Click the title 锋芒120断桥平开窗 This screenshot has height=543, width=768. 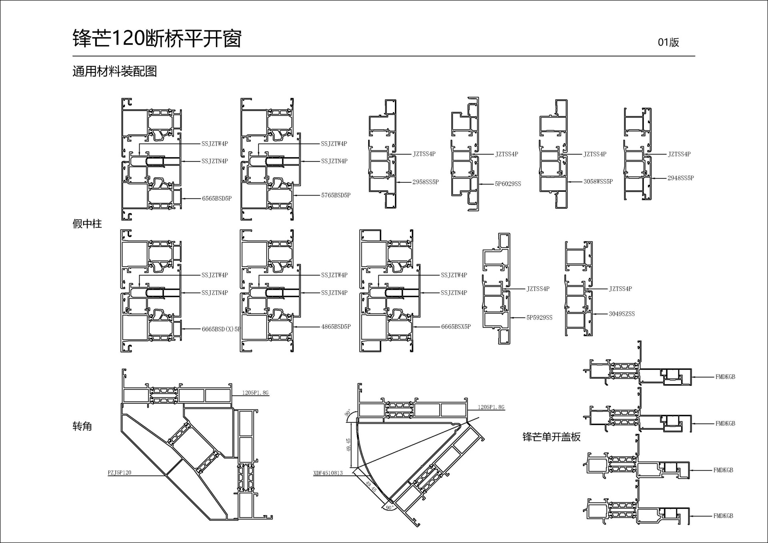click(157, 39)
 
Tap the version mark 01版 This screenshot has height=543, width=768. click(668, 42)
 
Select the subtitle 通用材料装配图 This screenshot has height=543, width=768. click(115, 72)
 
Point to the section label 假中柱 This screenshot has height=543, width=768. click(87, 224)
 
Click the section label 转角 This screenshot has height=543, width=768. click(82, 426)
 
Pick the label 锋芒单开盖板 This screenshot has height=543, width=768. click(551, 437)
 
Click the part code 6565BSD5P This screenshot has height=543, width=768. click(217, 199)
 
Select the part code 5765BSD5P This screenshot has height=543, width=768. click(336, 196)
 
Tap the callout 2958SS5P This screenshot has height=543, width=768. click(426, 182)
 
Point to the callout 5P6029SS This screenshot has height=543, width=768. click(508, 184)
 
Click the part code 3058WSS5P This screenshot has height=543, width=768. click(598, 182)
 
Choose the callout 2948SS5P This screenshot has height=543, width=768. click(680, 178)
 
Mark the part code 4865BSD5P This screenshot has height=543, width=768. click(336, 327)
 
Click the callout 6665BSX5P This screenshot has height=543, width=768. click(456, 327)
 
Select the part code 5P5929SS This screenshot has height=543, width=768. click(539, 317)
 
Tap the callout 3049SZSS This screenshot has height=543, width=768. click(622, 314)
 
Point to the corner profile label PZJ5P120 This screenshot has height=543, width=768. click(119, 473)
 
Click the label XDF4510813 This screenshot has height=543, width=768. click(328, 473)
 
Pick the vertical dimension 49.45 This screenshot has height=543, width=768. click(348, 445)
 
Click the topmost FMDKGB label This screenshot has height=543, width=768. click(725, 377)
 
